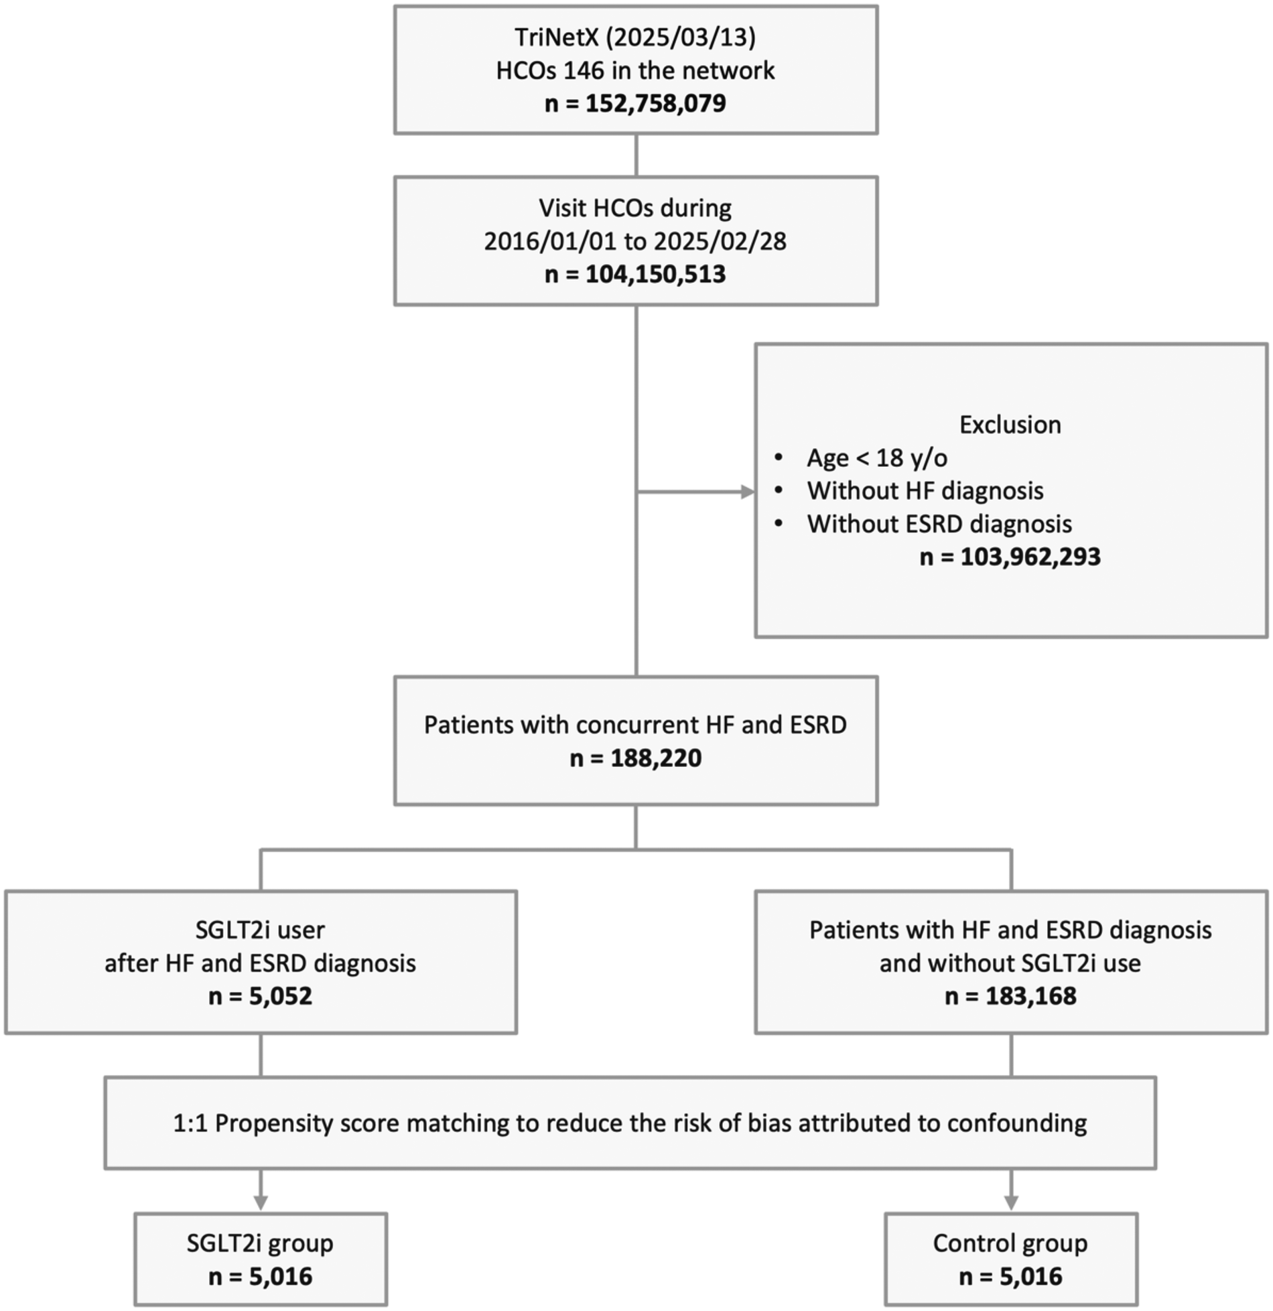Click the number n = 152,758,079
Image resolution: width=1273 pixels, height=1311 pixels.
tap(635, 104)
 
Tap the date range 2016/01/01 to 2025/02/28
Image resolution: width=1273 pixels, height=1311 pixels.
tap(635, 241)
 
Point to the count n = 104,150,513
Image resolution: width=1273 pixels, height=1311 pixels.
tap(635, 275)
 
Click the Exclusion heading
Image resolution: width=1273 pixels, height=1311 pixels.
tap(1010, 425)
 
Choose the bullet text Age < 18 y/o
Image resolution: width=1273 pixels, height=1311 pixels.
tap(876, 458)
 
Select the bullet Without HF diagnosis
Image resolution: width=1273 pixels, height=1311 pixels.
tap(925, 491)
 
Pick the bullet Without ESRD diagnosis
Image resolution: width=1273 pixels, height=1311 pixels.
tap(939, 524)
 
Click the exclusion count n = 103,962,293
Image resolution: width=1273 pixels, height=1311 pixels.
tap(1010, 557)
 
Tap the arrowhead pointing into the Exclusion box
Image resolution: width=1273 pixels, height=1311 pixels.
tap(747, 492)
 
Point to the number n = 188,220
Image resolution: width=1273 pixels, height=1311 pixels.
tap(635, 758)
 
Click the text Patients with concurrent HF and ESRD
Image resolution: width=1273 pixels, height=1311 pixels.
tap(635, 725)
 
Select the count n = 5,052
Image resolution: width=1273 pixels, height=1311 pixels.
tap(260, 996)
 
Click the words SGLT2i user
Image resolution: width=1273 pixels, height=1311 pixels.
tap(260, 930)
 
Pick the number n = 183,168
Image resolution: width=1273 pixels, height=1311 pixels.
tap(1010, 996)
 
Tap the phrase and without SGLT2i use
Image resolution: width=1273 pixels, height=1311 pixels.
tap(1010, 963)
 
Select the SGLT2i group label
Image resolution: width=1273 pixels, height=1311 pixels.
tap(260, 1243)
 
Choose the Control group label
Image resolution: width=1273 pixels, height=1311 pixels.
tap(1010, 1243)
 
